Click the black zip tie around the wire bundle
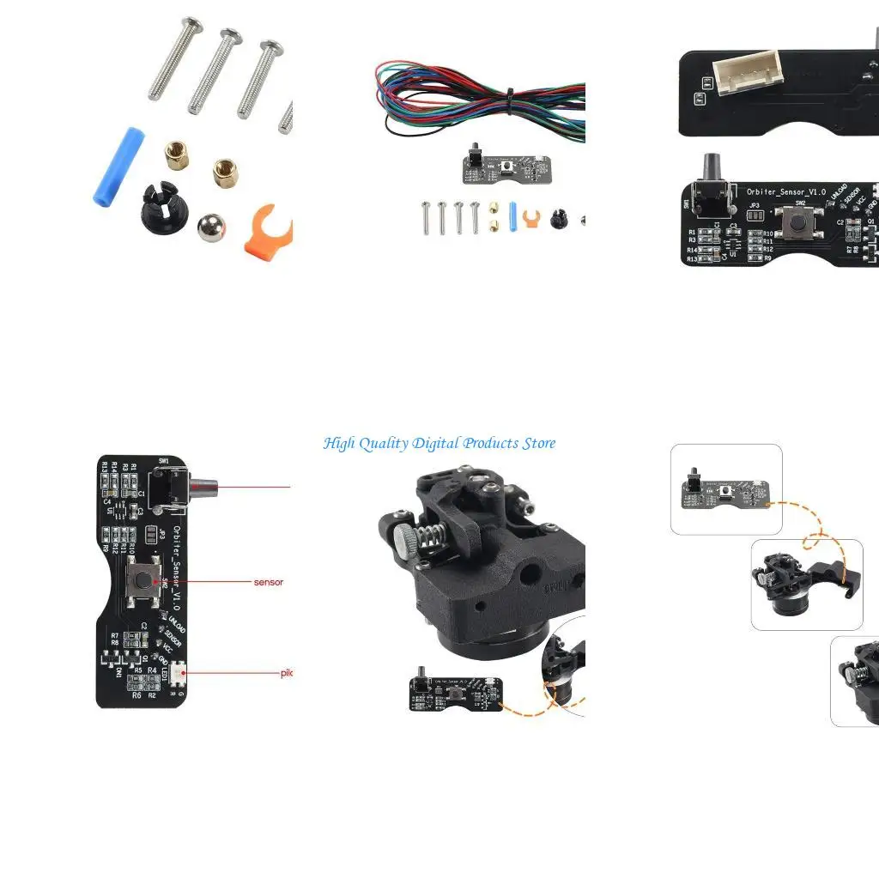click(x=509, y=101)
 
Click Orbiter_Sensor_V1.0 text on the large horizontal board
click(x=785, y=193)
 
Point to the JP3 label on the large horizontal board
click(x=754, y=206)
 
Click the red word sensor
click(x=268, y=582)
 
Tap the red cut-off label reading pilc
click(x=287, y=673)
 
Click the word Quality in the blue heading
click(x=384, y=444)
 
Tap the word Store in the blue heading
click(x=536, y=444)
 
